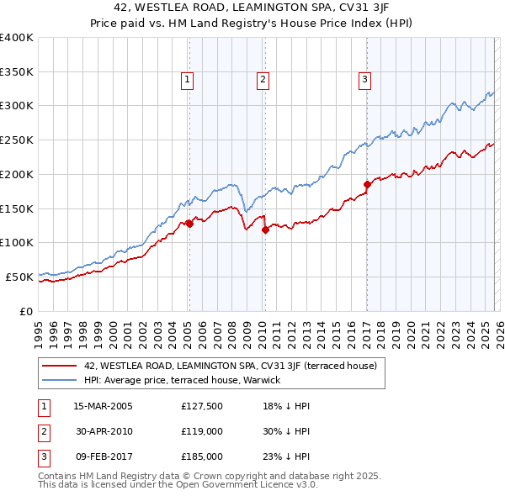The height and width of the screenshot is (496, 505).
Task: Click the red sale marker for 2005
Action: (x=189, y=224)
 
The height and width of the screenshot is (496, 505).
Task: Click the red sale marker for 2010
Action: (x=265, y=229)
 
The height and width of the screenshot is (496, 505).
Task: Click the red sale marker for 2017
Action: (x=367, y=184)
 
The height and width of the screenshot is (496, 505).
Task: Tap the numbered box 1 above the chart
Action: (x=187, y=80)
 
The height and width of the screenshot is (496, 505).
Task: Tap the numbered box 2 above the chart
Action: (x=263, y=80)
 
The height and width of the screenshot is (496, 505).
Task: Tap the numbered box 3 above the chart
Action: (x=364, y=80)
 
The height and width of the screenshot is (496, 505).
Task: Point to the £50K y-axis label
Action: (x=19, y=277)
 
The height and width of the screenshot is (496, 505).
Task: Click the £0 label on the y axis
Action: (x=26, y=311)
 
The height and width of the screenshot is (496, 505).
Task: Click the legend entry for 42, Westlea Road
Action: (x=235, y=366)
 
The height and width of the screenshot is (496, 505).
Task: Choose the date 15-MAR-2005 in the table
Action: (x=103, y=406)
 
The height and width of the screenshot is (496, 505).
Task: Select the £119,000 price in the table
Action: (x=202, y=431)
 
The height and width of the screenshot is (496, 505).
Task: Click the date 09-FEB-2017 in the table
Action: (x=103, y=456)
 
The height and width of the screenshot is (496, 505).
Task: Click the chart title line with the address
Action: (x=252, y=8)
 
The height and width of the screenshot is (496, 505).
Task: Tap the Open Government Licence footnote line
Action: (x=178, y=485)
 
